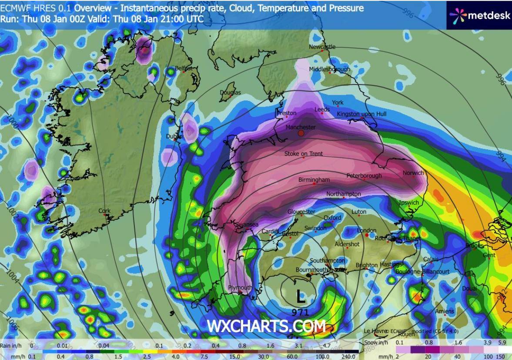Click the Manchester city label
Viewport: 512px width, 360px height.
[300, 127]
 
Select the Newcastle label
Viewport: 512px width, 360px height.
[322, 47]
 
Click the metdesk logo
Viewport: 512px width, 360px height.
[479, 16]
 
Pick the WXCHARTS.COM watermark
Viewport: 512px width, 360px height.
[266, 326]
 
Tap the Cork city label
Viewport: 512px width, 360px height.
[104, 211]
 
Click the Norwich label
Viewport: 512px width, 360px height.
[413, 173]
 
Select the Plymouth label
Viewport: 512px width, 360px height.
[240, 288]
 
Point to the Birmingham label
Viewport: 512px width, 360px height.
[314, 179]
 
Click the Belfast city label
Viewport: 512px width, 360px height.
[183, 68]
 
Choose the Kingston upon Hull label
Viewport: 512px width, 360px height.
[361, 114]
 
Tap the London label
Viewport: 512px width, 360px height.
[366, 230]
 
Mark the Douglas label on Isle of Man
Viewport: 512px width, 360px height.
[230, 92]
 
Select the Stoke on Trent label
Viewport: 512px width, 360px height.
[303, 154]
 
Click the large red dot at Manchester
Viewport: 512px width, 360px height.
[301, 134]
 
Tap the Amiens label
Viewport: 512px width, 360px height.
[445, 311]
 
